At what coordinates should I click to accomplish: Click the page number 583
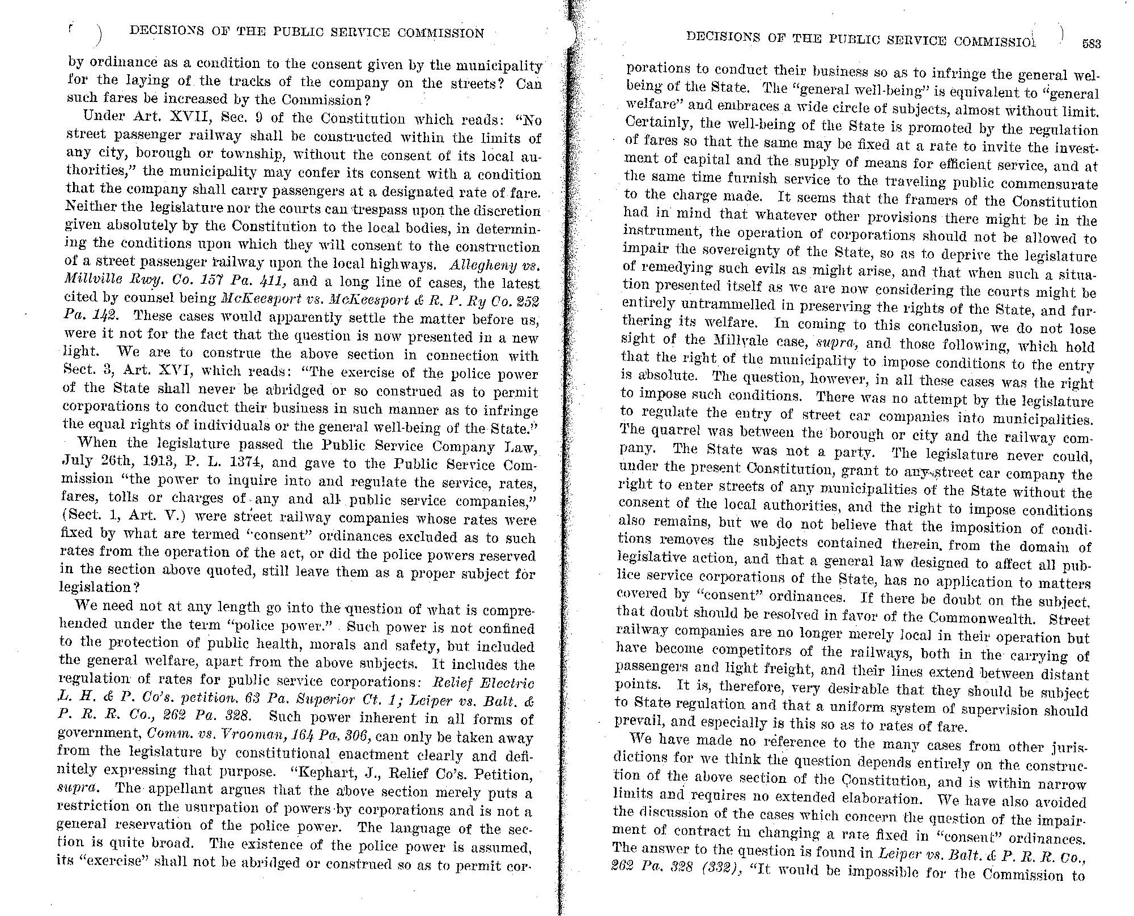(x=1090, y=45)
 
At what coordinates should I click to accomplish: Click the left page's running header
(x=307, y=33)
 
